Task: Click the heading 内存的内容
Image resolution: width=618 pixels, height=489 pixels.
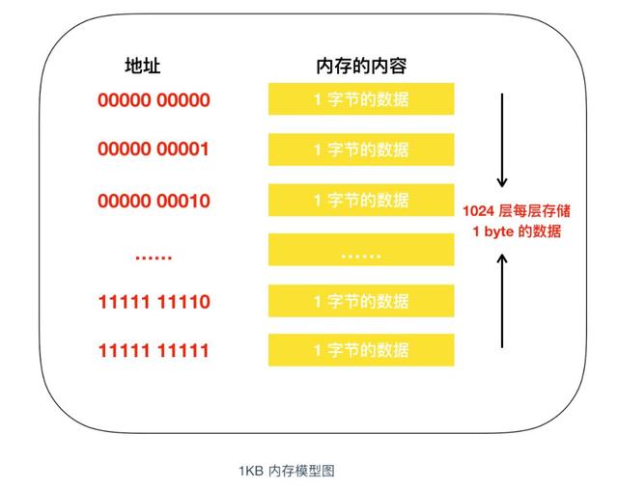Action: [x=360, y=66]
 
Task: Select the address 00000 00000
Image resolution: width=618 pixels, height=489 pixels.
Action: [x=154, y=99]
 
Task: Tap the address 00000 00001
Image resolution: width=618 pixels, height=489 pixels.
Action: [x=154, y=149]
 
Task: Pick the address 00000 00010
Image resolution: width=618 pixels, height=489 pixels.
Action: [x=154, y=201]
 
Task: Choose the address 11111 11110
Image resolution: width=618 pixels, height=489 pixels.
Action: [x=154, y=302]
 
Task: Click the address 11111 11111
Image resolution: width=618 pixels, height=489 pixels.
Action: [x=154, y=350]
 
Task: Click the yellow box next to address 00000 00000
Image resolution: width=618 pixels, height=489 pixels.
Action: [x=361, y=99]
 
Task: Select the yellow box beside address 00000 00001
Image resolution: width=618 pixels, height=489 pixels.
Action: [x=361, y=149]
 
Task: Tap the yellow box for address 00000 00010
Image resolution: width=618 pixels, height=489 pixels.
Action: [x=361, y=201]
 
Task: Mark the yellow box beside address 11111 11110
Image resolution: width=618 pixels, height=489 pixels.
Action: [x=361, y=302]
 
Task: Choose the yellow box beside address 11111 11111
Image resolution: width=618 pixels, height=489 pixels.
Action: [x=361, y=350]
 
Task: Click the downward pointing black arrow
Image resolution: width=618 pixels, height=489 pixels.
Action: [x=501, y=140]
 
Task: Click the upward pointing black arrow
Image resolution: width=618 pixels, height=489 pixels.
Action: [x=501, y=299]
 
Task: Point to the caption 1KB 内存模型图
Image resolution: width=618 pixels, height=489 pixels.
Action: [x=287, y=471]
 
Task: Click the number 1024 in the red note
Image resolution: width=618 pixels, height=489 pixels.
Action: [x=479, y=210]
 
